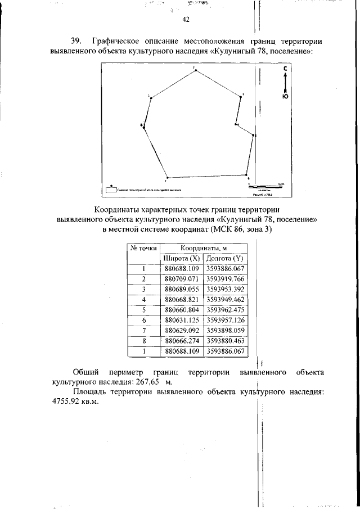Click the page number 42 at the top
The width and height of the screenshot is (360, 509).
click(186, 20)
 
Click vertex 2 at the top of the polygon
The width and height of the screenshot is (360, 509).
click(193, 70)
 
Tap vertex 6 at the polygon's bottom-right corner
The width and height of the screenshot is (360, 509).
click(246, 175)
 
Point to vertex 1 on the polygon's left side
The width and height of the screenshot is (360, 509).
click(151, 98)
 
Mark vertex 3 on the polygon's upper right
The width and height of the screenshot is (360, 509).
click(241, 96)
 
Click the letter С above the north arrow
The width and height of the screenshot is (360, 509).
click(286, 69)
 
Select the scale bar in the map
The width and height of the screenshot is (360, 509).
click(267, 185)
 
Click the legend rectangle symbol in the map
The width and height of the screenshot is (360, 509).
click(109, 190)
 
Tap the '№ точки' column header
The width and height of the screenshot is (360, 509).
click(144, 248)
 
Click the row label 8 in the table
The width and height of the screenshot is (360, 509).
click(144, 341)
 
